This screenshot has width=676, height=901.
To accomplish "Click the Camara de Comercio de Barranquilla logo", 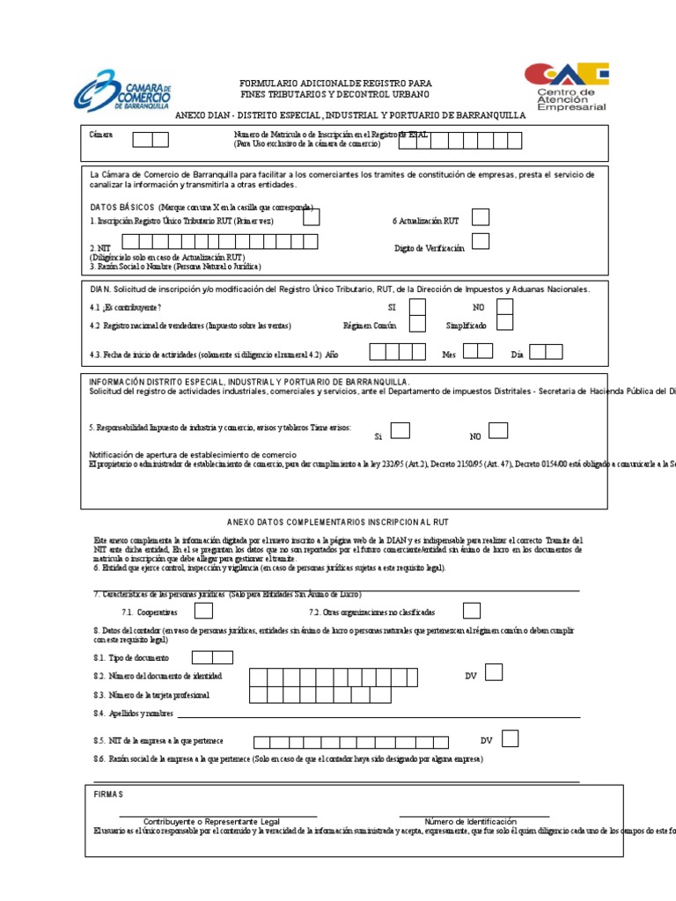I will (123, 91).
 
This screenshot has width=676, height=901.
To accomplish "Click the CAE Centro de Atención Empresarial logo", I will (565, 85).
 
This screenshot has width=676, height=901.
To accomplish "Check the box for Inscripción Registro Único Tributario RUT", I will (312, 217).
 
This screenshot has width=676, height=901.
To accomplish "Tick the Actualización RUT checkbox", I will (481, 217).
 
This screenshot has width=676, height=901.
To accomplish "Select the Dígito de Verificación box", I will (481, 241).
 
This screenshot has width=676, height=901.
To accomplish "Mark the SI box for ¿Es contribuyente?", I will (418, 307).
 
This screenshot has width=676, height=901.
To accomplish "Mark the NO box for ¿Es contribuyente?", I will (504, 307).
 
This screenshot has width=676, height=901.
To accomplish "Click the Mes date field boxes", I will (478, 352).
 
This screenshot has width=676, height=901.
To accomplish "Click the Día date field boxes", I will (546, 352).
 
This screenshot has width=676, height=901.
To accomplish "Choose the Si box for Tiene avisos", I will (400, 430).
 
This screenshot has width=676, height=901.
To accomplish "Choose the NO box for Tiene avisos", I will (498, 430).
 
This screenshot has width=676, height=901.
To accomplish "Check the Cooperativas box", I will (203, 611).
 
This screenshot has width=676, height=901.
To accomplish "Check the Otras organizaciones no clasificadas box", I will (472, 611).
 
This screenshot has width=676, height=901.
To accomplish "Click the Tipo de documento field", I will (212, 656).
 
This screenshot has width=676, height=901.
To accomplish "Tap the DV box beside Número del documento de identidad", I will (494, 672).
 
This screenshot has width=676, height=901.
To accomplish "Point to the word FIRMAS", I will (109, 794).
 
